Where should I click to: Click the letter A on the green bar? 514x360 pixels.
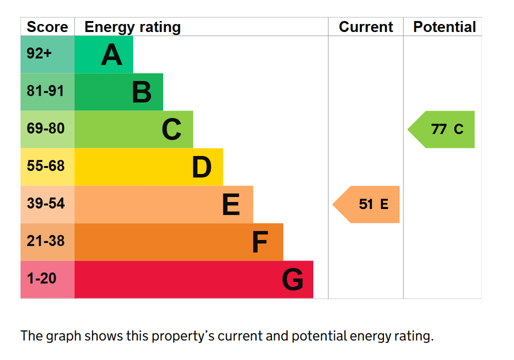[x=112, y=54]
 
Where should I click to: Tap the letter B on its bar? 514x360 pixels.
[x=142, y=92]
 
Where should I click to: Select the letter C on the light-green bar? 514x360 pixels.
[x=171, y=129]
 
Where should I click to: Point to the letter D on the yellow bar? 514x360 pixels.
[x=202, y=167]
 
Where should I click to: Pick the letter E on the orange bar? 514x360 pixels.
[x=231, y=204]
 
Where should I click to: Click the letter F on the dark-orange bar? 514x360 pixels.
[x=260, y=242]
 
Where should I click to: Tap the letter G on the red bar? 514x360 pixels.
[x=292, y=279]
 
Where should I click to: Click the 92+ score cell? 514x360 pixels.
[x=40, y=53]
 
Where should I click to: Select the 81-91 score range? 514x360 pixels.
[x=46, y=91]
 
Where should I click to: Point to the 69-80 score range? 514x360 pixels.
[x=46, y=128]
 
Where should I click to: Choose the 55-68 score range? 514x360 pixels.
[x=46, y=166]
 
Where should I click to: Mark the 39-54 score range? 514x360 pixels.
[x=46, y=203]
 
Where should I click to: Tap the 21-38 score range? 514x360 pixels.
[x=46, y=241]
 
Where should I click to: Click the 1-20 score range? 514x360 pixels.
[x=42, y=278]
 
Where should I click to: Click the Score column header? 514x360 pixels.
[x=47, y=27]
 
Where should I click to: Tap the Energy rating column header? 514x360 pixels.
[x=133, y=27]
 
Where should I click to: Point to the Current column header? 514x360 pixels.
[x=366, y=27]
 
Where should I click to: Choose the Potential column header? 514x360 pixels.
[x=444, y=27]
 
